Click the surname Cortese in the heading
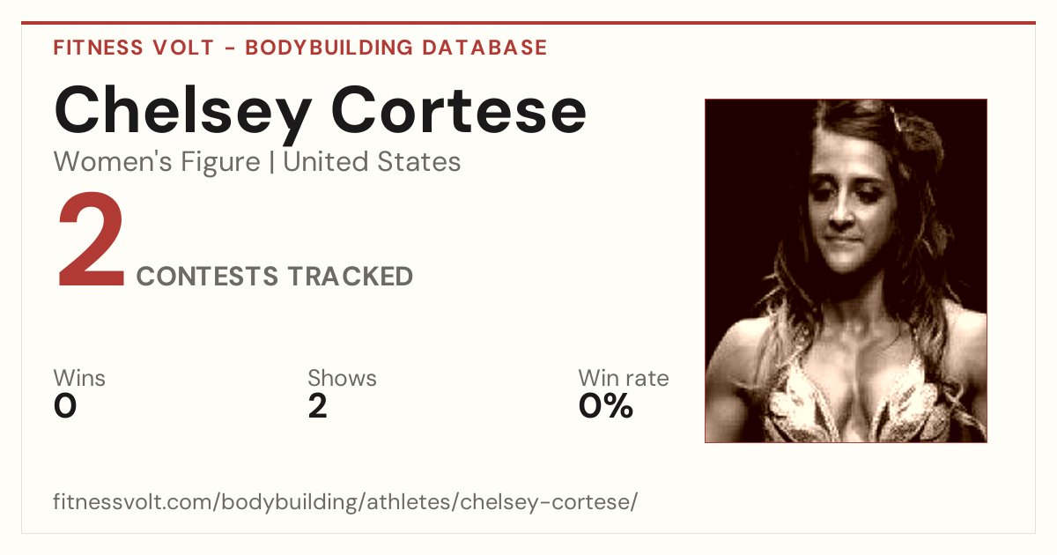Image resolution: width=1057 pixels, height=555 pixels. (x=459, y=110)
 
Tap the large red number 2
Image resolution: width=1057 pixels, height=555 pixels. (x=91, y=239)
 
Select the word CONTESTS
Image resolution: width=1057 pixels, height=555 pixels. (x=207, y=276)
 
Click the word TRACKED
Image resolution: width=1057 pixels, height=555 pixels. (x=351, y=276)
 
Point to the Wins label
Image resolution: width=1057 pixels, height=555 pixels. (x=79, y=378)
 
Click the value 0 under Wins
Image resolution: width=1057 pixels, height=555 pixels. (x=65, y=406)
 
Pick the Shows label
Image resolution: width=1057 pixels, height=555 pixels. (x=342, y=378)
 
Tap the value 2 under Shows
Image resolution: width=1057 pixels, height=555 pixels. (x=318, y=406)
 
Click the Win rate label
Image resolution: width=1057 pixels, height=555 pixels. (x=624, y=378)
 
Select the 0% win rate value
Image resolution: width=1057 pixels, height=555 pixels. (x=606, y=406)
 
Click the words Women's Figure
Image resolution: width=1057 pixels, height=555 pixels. (x=157, y=161)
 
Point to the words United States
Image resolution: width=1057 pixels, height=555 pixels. (x=372, y=161)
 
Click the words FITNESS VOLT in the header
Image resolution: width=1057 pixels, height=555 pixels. (x=134, y=48)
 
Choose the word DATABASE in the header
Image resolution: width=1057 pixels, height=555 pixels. (x=484, y=48)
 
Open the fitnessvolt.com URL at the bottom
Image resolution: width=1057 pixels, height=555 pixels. (x=345, y=501)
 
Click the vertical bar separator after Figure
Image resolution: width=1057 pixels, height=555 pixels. (x=272, y=161)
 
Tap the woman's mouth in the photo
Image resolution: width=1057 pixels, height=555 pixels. (x=841, y=240)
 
